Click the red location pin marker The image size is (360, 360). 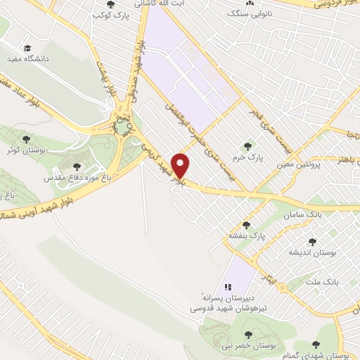point(181,165)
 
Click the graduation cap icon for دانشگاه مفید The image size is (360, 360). point(27,49)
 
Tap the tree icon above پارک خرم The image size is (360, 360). point(247,146)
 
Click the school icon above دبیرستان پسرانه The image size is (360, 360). point(226,287)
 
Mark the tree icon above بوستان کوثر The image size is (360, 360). point(27,139)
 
